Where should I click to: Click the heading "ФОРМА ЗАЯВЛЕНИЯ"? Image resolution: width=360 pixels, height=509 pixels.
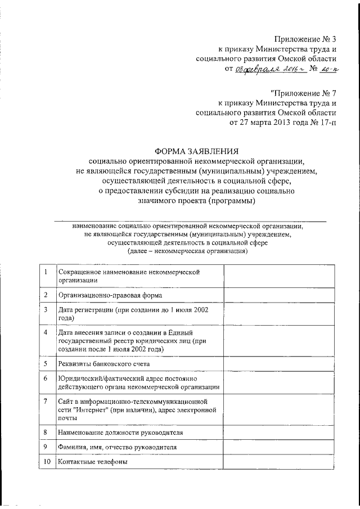click(197, 150)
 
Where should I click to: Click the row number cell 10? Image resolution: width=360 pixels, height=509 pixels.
click(46, 462)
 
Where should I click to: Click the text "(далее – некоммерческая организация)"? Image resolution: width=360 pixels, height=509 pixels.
click(188, 251)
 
